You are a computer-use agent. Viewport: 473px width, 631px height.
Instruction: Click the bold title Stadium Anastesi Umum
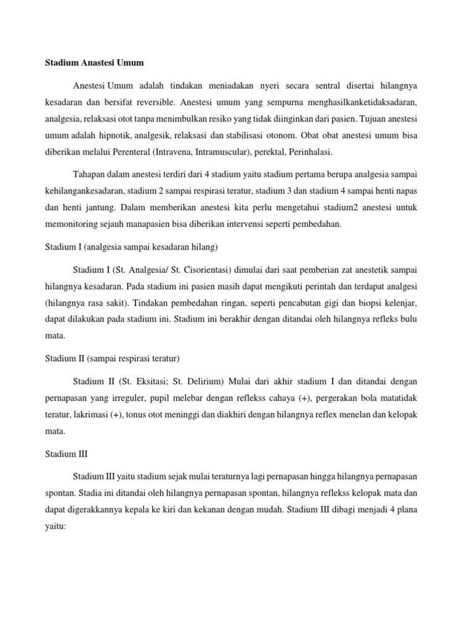(x=94, y=63)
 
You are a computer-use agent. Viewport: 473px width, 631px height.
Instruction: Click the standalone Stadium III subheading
(x=67, y=454)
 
